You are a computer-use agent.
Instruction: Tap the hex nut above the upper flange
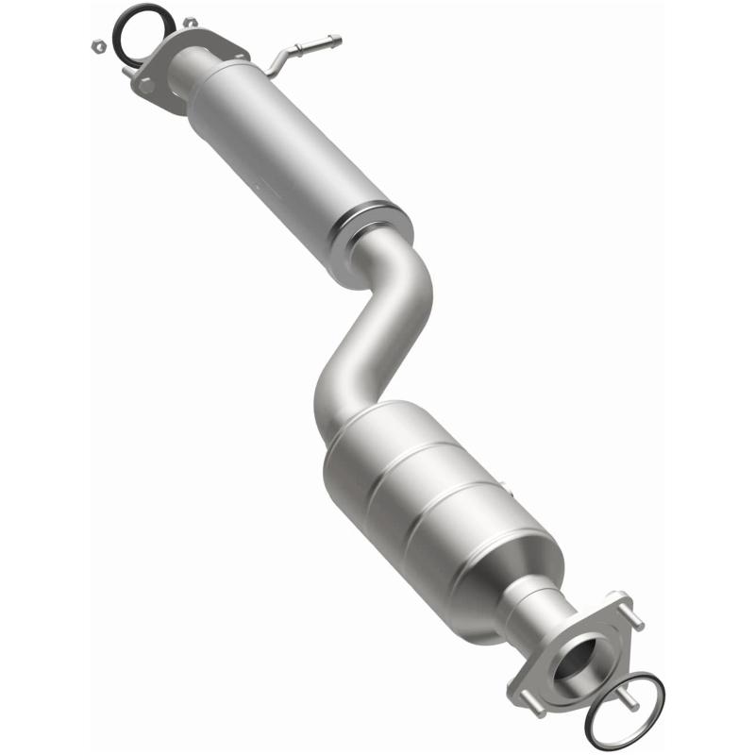pyautogui.click(x=190, y=22)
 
